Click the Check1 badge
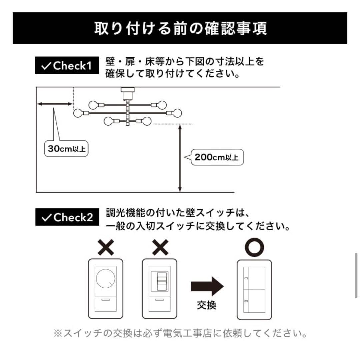67,65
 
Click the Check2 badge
67,217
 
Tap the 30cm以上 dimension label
67,149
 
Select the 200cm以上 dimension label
217,157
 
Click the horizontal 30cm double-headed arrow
55,104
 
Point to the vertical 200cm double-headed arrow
180,158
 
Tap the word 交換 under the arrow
207,305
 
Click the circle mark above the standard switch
254,247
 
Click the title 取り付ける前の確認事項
180,28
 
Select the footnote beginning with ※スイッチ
180,333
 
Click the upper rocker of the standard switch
254,278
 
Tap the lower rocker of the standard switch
254,301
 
